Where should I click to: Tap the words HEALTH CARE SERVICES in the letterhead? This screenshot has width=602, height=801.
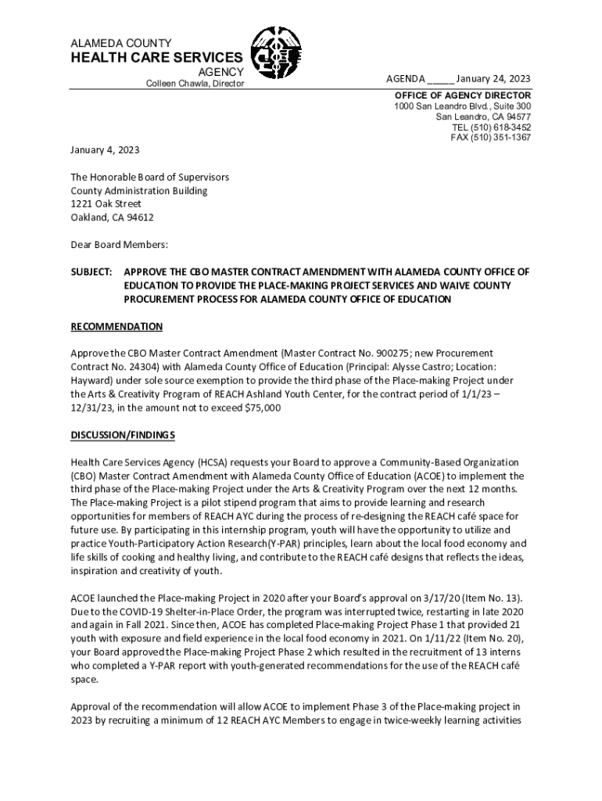pyautogui.click(x=156, y=58)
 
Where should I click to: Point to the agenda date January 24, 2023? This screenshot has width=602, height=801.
pyautogui.click(x=493, y=79)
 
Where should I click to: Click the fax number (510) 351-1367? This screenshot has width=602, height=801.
pyautogui.click(x=501, y=138)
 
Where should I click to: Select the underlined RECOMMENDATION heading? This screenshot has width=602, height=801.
pyautogui.click(x=116, y=326)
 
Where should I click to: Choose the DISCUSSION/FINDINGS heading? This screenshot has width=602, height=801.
pyautogui.click(x=123, y=435)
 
